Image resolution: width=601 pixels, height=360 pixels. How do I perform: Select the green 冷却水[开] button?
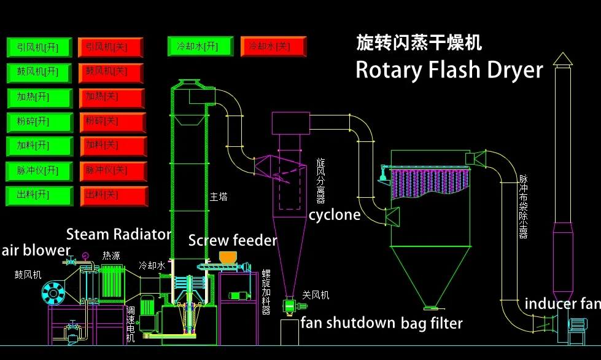200,46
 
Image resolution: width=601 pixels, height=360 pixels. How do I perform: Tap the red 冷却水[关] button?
273,47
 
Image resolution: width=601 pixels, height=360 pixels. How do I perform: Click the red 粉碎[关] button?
112,122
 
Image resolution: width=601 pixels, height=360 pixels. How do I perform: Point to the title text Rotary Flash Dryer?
449,70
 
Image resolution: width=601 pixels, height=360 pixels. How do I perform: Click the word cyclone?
335,215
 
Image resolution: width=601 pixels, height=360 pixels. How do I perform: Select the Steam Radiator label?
118,234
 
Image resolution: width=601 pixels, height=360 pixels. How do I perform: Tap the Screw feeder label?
233,240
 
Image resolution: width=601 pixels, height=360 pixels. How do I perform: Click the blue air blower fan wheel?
53,293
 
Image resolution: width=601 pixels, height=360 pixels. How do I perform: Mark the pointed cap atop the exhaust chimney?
562,59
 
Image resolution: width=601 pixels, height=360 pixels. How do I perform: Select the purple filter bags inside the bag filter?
424,184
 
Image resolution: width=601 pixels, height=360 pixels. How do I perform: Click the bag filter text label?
432,323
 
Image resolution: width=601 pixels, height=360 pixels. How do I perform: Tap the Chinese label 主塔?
219,197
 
